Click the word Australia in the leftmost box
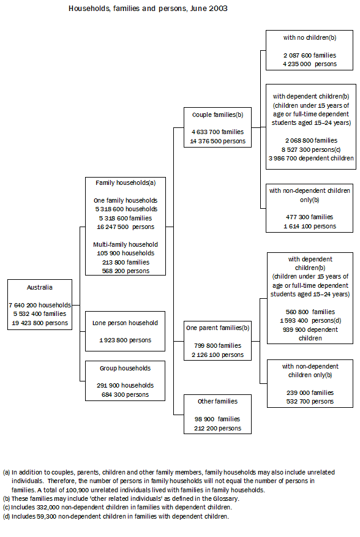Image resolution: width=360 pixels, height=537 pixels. [40, 287]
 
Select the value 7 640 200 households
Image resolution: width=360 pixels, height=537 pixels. [40, 304]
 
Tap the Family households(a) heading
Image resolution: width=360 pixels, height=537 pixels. [126, 182]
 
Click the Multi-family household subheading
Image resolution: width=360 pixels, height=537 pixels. [126, 244]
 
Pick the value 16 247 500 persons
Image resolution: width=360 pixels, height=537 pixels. [126, 227]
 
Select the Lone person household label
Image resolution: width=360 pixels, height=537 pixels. [125, 323]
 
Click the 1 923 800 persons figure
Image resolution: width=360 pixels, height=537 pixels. [125, 340]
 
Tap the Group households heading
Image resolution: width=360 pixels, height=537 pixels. [125, 369]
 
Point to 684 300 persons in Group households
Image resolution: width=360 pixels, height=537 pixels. [125, 395]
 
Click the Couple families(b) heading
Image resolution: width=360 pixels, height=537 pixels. [217, 115]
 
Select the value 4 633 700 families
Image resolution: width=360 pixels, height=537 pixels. [217, 132]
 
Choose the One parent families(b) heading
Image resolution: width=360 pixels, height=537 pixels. [217, 328]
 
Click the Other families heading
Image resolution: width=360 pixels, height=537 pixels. [217, 402]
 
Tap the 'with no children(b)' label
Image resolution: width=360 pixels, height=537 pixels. [310, 38]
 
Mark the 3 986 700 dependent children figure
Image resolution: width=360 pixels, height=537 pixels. [311, 158]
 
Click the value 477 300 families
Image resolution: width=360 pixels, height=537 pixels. [309, 217]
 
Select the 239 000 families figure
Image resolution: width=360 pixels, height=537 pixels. [309, 392]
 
